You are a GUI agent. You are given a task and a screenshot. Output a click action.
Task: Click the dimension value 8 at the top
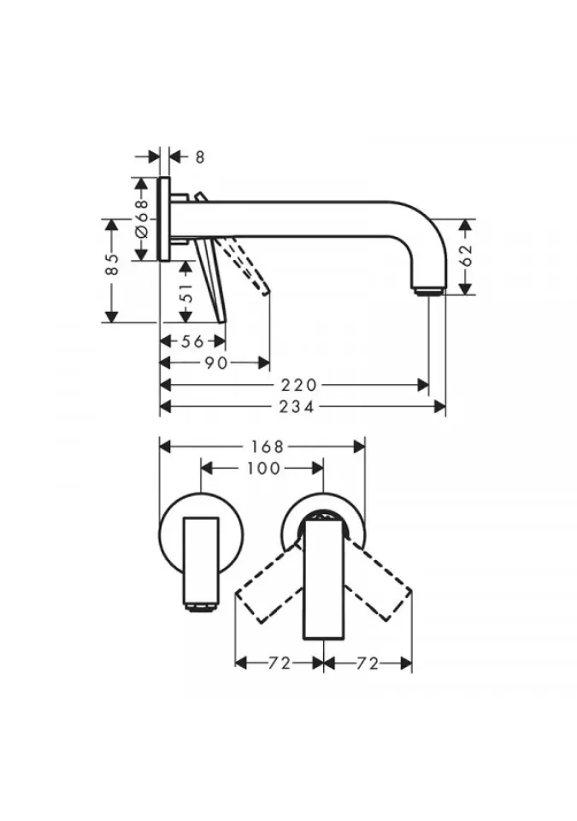click(x=200, y=157)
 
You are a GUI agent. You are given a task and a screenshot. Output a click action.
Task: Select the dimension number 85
click(x=111, y=265)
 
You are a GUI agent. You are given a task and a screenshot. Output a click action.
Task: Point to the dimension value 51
click(x=186, y=292)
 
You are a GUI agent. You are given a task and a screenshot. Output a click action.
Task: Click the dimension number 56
click(x=192, y=341)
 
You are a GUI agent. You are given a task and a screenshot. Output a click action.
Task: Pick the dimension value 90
click(x=215, y=363)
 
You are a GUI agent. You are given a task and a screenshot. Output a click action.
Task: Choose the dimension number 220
click(x=299, y=386)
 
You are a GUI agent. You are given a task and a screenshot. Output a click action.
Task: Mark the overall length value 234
click(x=297, y=407)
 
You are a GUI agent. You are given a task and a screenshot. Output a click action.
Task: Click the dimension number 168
click(x=267, y=446)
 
